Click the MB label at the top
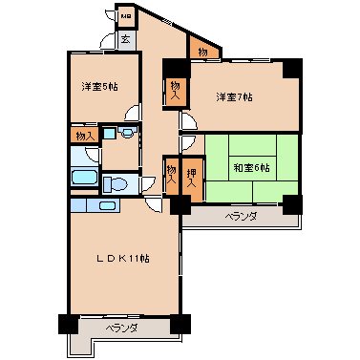pos(126,16)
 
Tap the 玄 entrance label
pos(126,39)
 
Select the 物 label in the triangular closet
pos(202,51)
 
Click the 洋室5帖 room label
pos(99,87)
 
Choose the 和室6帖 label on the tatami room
pos(252,168)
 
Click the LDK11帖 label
pos(120,258)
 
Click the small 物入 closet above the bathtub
pos(84,137)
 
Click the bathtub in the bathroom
pos(83,178)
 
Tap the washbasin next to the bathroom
pos(113,136)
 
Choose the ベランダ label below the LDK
pos(121,328)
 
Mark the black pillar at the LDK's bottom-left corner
pos(66,324)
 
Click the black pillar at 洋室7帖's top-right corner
pos(291,69)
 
